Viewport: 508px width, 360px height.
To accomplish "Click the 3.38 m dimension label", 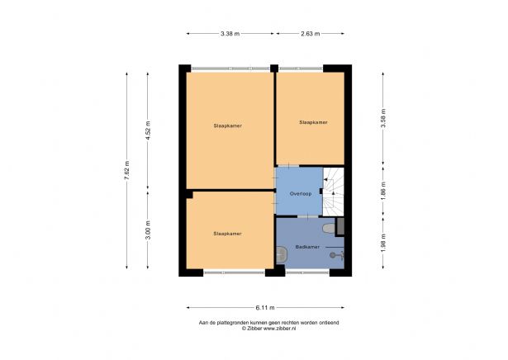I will coord(230,34).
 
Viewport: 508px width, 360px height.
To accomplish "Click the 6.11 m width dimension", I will coord(264,306).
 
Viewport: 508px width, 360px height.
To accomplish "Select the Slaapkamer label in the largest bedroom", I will coord(227,126).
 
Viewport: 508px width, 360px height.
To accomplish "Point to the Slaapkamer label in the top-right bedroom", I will coord(313,122).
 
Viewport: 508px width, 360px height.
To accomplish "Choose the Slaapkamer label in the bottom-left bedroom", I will coord(227,234).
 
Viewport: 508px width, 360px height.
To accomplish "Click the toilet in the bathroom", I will coord(330,227).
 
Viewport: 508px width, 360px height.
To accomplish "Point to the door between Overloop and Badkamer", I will coord(309,216).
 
